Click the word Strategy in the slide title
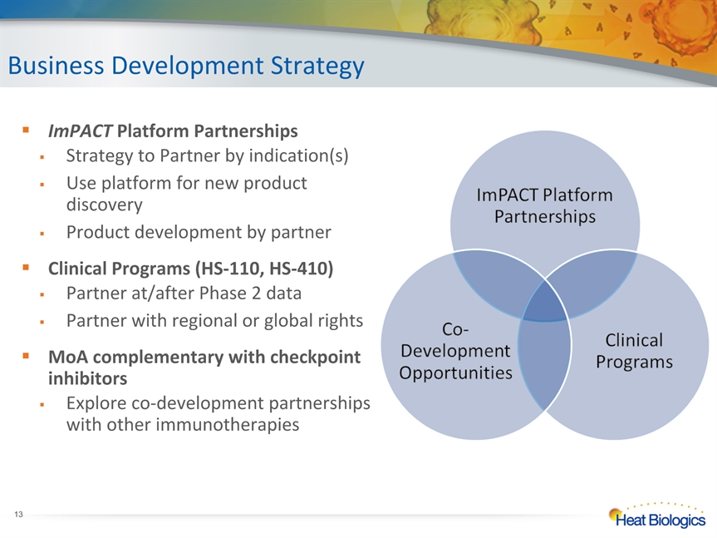point(317,67)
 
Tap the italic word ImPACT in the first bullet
point(80,131)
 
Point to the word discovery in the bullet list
point(104,205)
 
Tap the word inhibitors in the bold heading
point(87,378)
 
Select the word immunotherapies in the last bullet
point(228,425)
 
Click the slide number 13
point(18,515)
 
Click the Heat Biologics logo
point(657,516)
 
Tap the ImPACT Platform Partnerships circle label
point(545,206)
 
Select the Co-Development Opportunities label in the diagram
point(455,351)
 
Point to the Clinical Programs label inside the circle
point(634,351)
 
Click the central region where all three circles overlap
point(545,302)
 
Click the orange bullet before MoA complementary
point(26,355)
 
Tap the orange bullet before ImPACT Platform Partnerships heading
point(26,130)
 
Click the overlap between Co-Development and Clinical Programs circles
point(544,363)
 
